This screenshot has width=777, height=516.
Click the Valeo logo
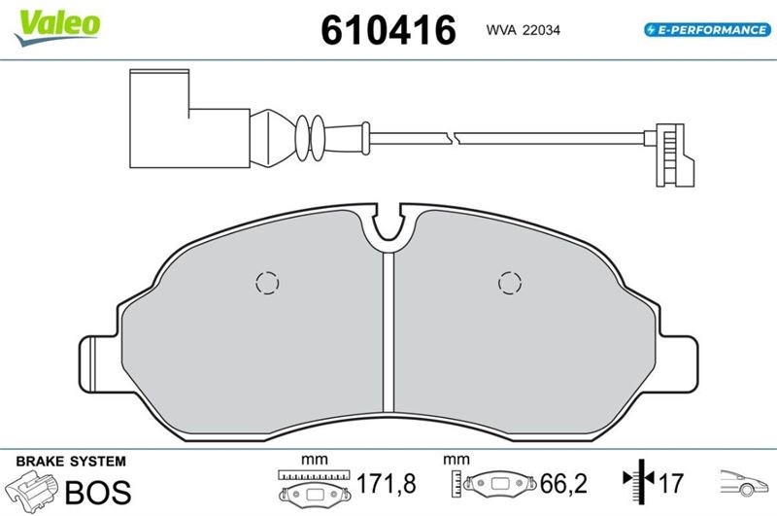click(x=58, y=27)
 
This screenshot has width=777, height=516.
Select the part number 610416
click(x=388, y=30)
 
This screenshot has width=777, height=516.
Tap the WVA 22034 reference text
click(x=523, y=30)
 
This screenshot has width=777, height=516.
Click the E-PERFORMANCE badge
click(x=708, y=30)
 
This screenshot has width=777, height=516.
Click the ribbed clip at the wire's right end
click(x=670, y=155)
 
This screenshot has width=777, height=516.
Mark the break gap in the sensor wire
click(x=454, y=137)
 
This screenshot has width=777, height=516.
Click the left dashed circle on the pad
click(x=267, y=284)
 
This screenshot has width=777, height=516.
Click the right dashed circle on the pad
click(x=509, y=284)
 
